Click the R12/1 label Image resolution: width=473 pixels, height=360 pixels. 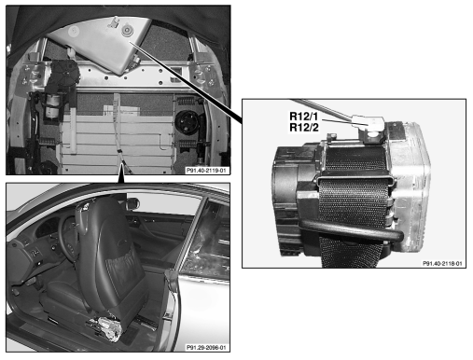[x=304, y=117]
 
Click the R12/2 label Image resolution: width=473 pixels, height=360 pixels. [x=304, y=128]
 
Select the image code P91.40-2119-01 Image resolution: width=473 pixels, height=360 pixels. [x=206, y=171]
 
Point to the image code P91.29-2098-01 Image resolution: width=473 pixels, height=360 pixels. [x=206, y=347]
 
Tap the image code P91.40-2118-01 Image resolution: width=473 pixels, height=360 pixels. [x=442, y=263]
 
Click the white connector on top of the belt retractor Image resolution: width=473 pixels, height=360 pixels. [x=368, y=122]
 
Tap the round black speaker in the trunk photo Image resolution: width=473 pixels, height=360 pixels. [x=187, y=121]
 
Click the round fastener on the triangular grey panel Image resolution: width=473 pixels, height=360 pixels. [x=128, y=31]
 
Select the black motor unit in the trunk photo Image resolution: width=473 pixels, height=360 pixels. [x=64, y=76]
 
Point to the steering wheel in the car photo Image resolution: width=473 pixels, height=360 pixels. [x=68, y=235]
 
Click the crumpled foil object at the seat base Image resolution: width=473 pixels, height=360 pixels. [x=104, y=326]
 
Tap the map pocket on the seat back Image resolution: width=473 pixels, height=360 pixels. [x=122, y=268]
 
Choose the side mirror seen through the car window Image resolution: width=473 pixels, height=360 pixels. [x=133, y=203]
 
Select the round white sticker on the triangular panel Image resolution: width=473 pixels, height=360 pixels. [x=74, y=31]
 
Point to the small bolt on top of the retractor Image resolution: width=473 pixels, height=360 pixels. [x=332, y=136]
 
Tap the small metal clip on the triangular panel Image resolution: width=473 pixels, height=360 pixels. [x=113, y=22]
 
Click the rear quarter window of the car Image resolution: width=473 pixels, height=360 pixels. [x=207, y=240]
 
